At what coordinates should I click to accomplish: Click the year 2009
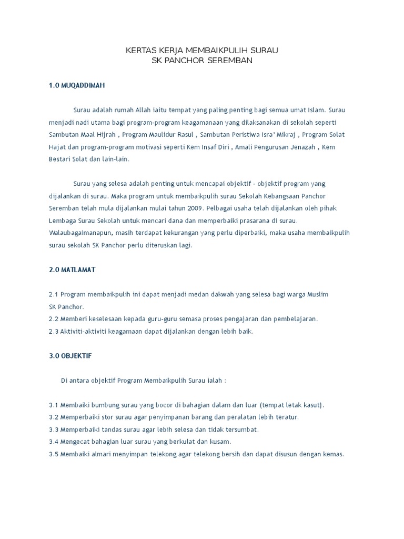click(x=200, y=208)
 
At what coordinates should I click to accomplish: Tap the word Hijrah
click(x=106, y=135)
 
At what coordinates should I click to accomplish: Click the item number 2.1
click(x=54, y=294)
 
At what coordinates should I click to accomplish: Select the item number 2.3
click(x=54, y=331)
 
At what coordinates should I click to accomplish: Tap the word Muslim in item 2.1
click(x=317, y=294)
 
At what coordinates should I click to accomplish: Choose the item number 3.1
click(x=54, y=405)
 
